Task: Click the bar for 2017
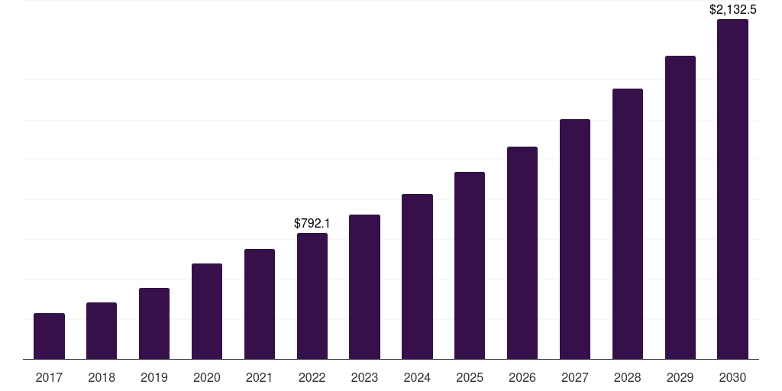49,336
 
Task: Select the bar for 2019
154,324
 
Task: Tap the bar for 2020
207,312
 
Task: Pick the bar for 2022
312,296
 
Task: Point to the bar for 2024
417,276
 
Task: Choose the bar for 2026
522,253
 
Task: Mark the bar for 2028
628,224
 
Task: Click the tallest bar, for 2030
732,189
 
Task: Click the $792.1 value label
312,223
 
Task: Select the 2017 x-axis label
49,377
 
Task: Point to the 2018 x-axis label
102,377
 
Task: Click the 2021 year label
260,377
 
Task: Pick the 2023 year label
364,377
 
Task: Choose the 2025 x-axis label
470,377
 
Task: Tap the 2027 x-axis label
575,377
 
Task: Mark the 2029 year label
680,377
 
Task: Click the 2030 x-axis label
732,377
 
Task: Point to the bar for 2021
260,304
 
